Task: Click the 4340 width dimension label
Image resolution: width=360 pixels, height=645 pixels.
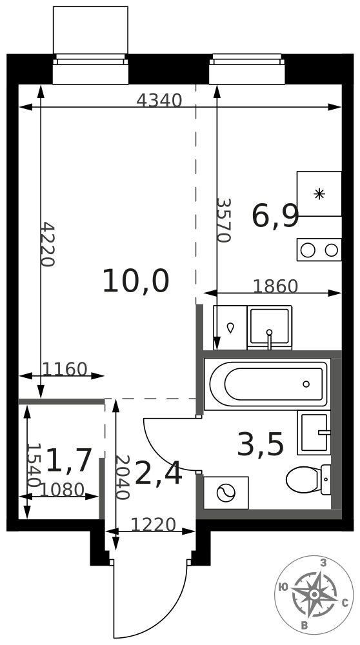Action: tap(159, 101)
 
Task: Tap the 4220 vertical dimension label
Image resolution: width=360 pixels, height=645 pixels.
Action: tap(48, 244)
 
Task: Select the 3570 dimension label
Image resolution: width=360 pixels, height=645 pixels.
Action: tap(223, 221)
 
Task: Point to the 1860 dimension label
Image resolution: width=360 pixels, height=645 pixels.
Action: tap(275, 286)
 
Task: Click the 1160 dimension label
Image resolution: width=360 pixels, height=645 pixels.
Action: tap(65, 370)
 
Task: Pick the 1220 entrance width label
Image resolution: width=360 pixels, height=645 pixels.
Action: tap(153, 524)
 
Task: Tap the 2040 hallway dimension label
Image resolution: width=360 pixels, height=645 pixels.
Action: tap(122, 477)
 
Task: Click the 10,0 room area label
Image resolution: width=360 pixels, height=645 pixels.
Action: tap(135, 281)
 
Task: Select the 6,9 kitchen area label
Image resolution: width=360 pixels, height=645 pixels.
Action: tap(275, 216)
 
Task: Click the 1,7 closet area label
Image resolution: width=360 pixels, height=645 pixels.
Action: tap(68, 461)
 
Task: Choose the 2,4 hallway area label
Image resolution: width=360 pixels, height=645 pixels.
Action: tap(159, 473)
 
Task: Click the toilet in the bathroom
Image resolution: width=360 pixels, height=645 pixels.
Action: tap(308, 480)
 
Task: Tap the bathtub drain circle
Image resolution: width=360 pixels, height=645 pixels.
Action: tap(306, 384)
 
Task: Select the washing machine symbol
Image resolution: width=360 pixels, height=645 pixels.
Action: tap(226, 493)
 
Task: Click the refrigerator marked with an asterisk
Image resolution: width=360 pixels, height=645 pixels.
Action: tap(319, 193)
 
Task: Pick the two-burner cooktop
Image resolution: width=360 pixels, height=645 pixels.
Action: tap(319, 250)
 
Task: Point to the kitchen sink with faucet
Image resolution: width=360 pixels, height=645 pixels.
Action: tap(270, 328)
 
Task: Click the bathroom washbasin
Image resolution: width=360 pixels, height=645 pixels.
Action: tap(314, 433)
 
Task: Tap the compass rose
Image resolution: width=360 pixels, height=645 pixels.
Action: tap(314, 595)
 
